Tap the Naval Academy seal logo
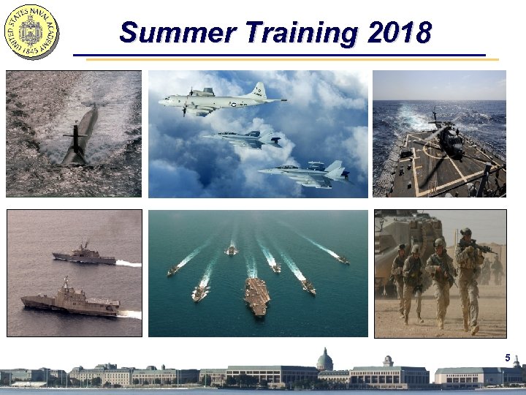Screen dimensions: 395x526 pos(32,31)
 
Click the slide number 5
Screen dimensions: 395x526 pos(507,358)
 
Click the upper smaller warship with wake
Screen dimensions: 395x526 pos(84,256)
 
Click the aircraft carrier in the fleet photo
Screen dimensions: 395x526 pos(256,296)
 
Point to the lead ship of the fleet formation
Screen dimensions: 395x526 pos(232,250)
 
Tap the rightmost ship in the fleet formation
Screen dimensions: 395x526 pos(342,259)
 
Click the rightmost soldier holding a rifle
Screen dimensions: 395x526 pos(468,274)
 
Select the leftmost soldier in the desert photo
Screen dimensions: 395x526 pos(399,278)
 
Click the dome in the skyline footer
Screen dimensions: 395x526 pos(324,358)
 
